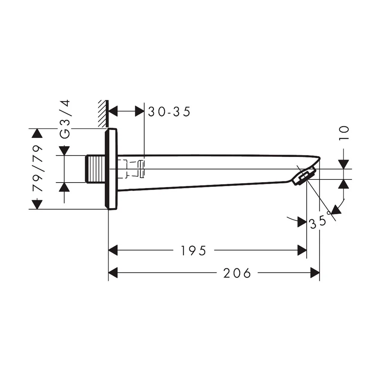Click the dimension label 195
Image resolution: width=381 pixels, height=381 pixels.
[x=194, y=251]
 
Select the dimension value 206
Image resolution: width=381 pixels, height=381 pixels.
[x=237, y=273]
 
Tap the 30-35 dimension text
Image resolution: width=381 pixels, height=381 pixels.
[x=169, y=112]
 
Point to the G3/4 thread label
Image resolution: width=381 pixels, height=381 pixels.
[x=65, y=119]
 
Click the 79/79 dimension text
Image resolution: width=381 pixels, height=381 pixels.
[x=37, y=168]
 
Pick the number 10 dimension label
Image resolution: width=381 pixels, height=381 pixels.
[x=344, y=133]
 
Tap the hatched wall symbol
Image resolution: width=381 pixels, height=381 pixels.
[x=103, y=113]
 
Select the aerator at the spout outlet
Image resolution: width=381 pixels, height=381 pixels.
[x=304, y=176]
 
